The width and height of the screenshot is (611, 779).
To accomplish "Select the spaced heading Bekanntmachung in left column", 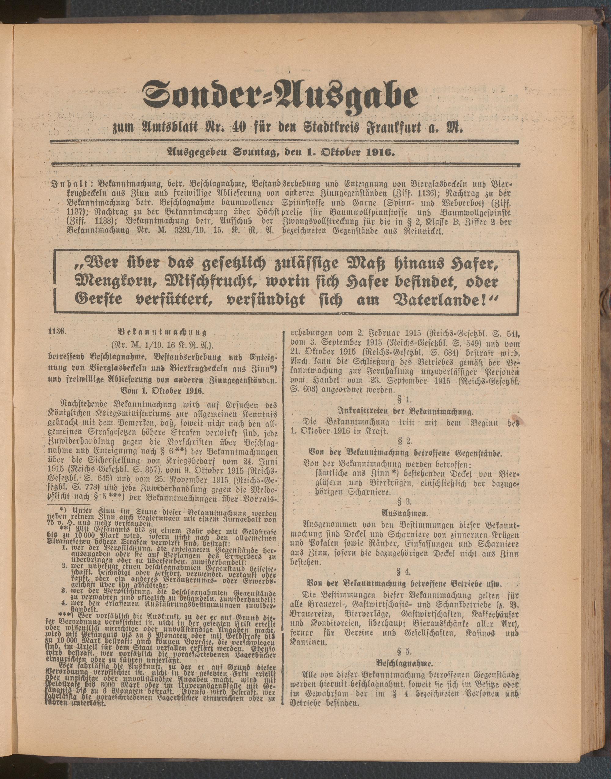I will pyautogui.click(x=162, y=332).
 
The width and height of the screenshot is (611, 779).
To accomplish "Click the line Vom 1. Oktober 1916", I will pyautogui.click(x=162, y=391).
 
